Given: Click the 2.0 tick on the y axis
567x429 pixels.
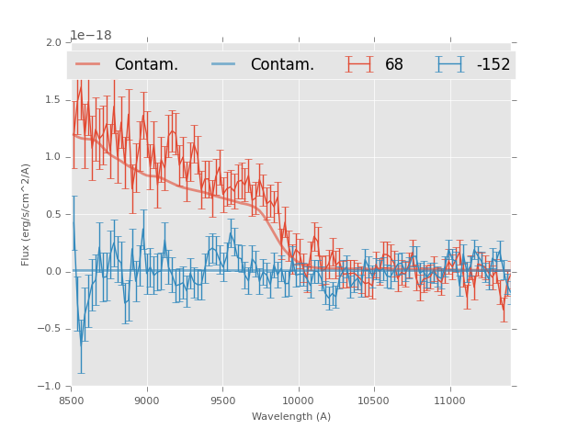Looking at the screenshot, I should click(53, 42).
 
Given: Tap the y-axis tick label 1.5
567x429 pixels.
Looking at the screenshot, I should click(53, 99).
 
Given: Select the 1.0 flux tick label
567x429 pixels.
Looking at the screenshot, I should click(53, 157).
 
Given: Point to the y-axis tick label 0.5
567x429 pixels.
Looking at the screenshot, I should click(53, 214).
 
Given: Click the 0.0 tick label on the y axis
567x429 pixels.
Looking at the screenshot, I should click(53, 272).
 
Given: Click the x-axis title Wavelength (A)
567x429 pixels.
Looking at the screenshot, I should click(291, 416).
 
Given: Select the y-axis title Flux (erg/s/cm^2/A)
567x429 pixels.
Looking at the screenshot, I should click(27, 214).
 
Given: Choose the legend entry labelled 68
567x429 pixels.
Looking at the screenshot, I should click(393, 64).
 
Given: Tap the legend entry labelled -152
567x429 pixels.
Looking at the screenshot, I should click(493, 64).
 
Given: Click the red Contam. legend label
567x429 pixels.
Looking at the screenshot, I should click(146, 64).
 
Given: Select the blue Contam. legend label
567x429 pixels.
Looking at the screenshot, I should click(282, 64).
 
